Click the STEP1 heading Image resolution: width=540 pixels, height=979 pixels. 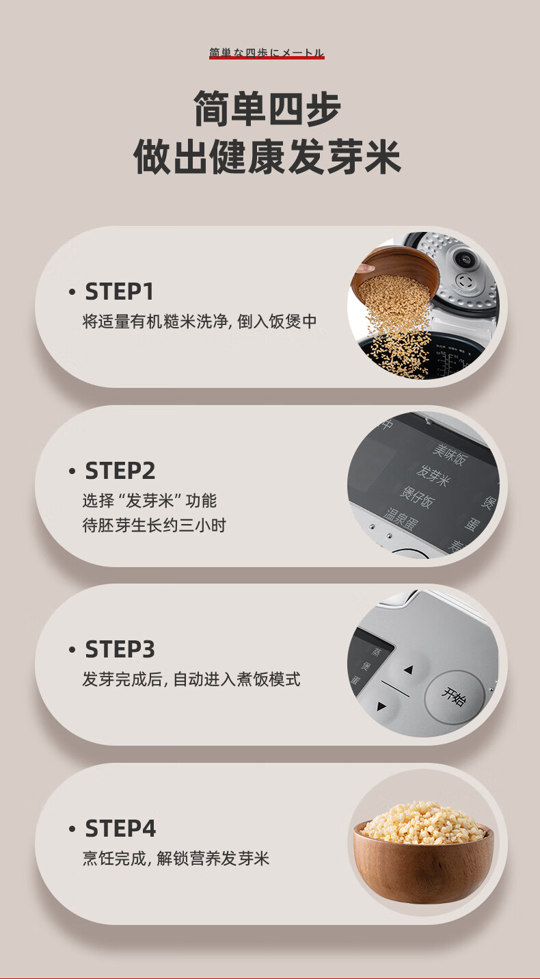pyautogui.click(x=119, y=291)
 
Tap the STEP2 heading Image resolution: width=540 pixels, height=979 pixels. pyautogui.click(x=120, y=471)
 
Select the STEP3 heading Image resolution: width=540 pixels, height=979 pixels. pyautogui.click(x=120, y=649)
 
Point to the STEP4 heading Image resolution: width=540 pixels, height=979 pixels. pyautogui.click(x=120, y=828)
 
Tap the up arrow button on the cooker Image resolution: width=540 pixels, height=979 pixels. pyautogui.click(x=408, y=669)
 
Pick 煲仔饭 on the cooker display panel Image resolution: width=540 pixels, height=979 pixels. pyautogui.click(x=417, y=497)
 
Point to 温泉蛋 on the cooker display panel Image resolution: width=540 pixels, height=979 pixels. pyautogui.click(x=401, y=518)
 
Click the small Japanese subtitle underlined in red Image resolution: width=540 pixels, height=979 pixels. pyautogui.click(x=267, y=53)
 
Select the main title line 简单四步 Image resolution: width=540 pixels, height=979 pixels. pyautogui.click(x=267, y=108)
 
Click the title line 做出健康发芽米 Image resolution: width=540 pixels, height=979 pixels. pyautogui.click(x=267, y=157)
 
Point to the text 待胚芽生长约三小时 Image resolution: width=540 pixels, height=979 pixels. pyautogui.click(x=154, y=525)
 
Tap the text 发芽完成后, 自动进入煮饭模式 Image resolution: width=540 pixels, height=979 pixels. pyautogui.click(x=191, y=679)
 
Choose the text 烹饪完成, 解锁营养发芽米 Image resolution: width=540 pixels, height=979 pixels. pyautogui.click(x=176, y=859)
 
